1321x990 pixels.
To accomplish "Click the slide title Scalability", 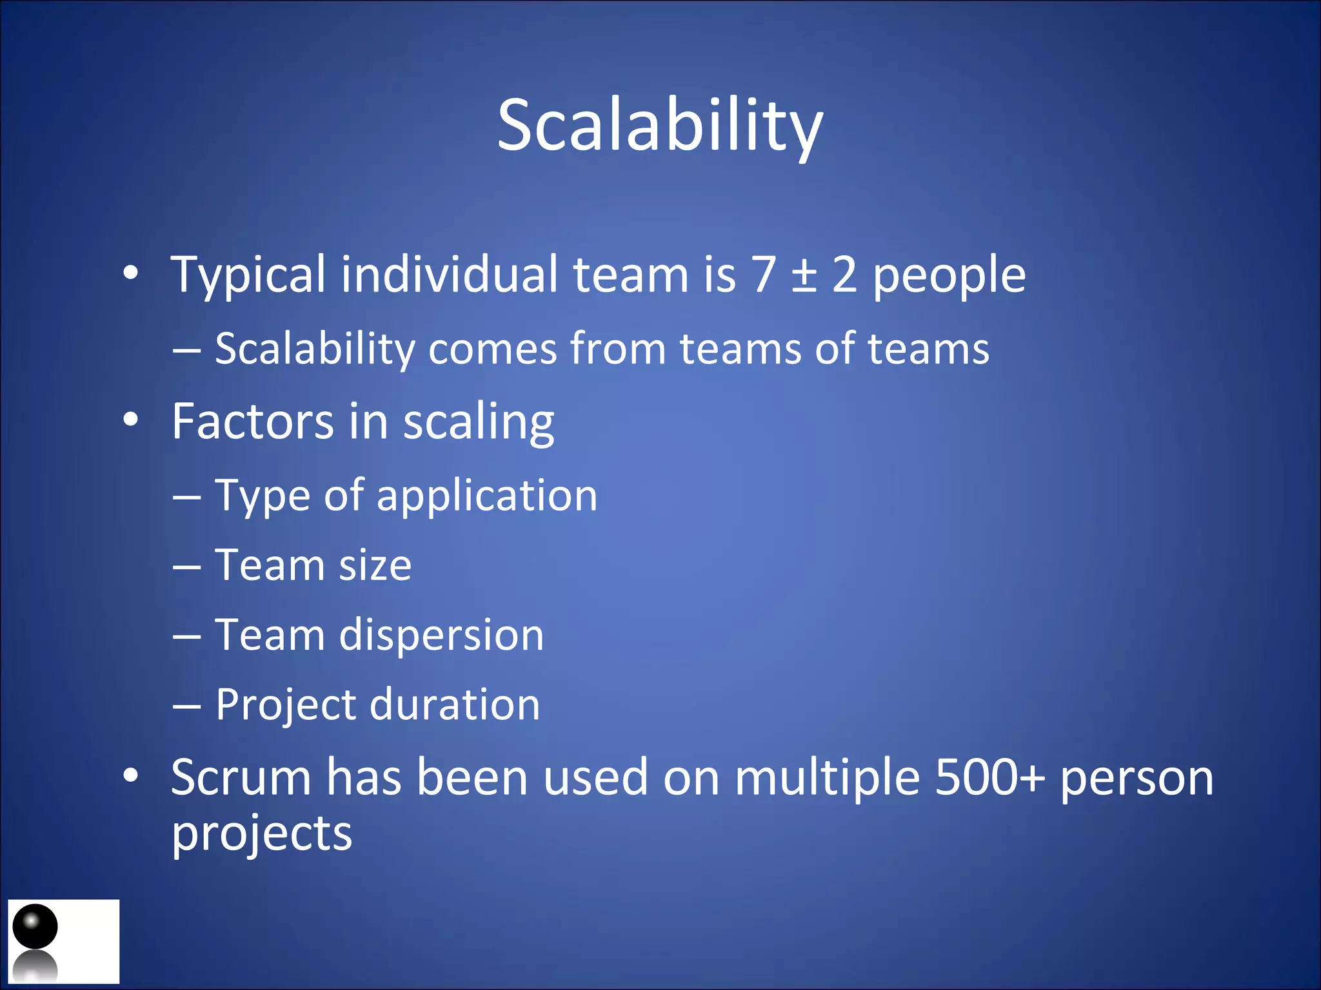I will pos(660,126).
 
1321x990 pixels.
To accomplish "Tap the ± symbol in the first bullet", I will pos(804,275).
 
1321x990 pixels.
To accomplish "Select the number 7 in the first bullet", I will pos(764,275).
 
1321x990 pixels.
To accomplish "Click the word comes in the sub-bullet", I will pos(492,349).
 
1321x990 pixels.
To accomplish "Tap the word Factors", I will pos(252,422).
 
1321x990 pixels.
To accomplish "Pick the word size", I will pos(375,566).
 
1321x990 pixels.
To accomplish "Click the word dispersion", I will pos(442,636).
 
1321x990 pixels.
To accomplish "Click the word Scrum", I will pos(241,778).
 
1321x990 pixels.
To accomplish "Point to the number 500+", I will pos(989,778).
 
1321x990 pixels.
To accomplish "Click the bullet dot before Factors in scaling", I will pos(131,420).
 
